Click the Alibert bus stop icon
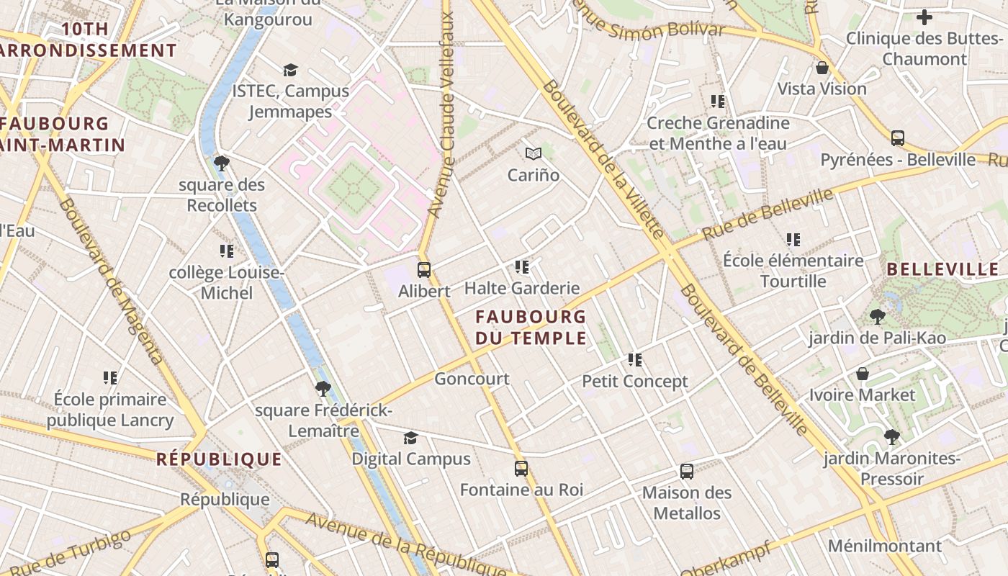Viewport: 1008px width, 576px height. pos(424,270)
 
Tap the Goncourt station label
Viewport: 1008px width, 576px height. pos(472,379)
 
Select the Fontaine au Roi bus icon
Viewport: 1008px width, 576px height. pos(521,469)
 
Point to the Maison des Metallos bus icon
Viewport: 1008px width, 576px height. pos(687,472)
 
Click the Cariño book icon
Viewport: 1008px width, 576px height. pos(533,153)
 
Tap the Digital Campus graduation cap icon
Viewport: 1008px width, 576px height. pos(410,438)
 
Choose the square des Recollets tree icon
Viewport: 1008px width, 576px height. pos(222,163)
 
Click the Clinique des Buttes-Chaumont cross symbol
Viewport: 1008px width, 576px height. pos(924,17)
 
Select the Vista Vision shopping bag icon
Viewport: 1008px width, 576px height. pos(822,68)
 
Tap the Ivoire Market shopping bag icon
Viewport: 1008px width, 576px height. pos(862,374)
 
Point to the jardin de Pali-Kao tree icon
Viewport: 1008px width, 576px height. pos(877,316)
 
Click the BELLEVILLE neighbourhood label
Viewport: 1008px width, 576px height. pos(942,270)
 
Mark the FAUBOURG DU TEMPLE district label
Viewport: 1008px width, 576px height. pos(531,327)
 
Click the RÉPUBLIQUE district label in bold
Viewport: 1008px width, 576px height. pos(219,459)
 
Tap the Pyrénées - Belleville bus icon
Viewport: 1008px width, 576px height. pos(897,138)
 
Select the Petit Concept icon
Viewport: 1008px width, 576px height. pos(634,359)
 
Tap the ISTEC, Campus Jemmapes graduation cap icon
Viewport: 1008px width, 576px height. pos(290,70)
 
